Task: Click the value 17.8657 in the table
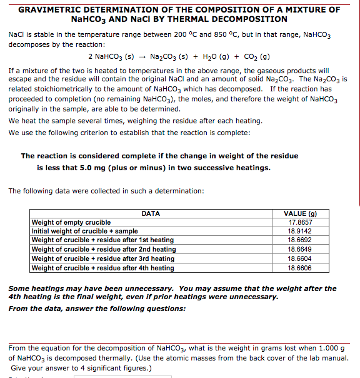pos(301,222)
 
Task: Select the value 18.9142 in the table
pos(301,231)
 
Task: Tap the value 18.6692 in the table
pos(301,240)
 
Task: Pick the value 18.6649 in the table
pos(301,249)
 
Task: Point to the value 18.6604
pos(301,258)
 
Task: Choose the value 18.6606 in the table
pos(301,268)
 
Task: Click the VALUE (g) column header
pos(301,213)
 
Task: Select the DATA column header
pos(151,213)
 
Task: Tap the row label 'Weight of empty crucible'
pos(71,222)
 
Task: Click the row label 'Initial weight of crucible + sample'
pos(84,231)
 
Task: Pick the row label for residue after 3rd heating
pos(103,258)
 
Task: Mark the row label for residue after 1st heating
pos(102,240)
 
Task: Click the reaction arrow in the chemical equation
pos(144,58)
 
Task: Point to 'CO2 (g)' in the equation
pos(256,58)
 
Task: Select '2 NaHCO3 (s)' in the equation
pos(110,58)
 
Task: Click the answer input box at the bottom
pos(112,375)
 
